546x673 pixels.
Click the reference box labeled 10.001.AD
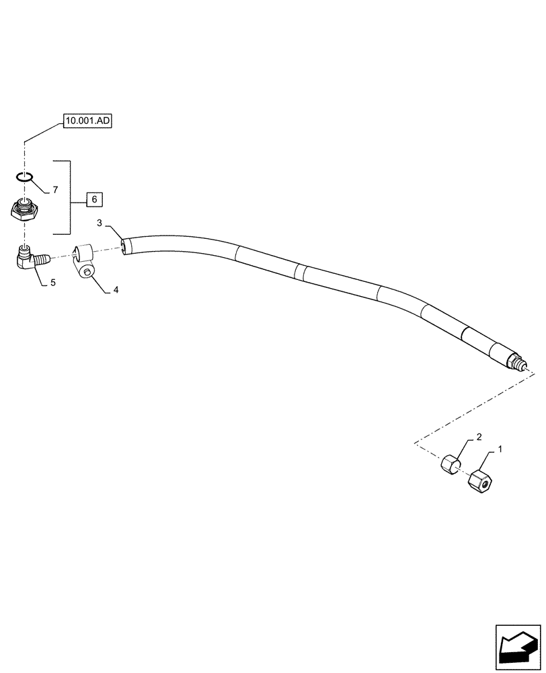pos(89,121)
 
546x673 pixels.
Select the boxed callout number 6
pos(94,199)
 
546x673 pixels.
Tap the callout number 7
pos(56,190)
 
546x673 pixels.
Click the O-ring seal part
pos(25,177)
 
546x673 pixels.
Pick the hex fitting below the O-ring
pos(26,211)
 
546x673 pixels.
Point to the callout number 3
pos(99,223)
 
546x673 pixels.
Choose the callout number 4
pos(116,290)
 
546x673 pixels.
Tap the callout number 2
pos(479,437)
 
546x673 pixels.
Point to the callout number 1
pos(500,448)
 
